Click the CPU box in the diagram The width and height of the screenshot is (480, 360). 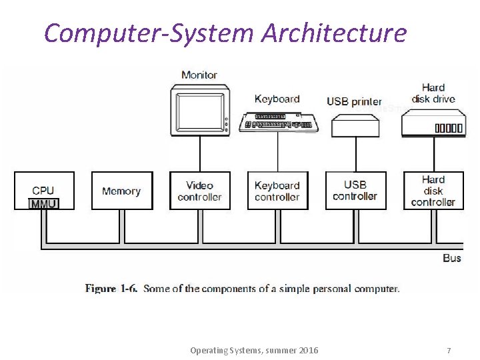44,187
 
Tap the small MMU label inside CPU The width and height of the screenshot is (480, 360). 44,204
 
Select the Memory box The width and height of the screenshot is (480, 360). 121,191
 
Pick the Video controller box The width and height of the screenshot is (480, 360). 199,191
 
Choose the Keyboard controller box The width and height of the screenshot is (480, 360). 277,191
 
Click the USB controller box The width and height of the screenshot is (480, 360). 355,191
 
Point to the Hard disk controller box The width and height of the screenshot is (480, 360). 433,191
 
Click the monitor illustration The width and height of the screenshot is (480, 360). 199,109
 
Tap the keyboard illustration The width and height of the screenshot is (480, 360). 278,122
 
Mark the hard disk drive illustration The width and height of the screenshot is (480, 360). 433,123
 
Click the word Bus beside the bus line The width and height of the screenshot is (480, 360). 451,258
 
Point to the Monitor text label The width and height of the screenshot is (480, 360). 199,75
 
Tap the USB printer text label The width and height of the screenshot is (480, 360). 354,101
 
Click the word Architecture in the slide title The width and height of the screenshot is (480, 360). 333,32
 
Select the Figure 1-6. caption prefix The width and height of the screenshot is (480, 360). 111,289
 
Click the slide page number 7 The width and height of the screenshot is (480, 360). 449,350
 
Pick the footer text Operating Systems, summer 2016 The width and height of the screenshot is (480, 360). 254,350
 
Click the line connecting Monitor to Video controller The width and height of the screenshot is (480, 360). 199,153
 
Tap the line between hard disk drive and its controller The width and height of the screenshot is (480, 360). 434,155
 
